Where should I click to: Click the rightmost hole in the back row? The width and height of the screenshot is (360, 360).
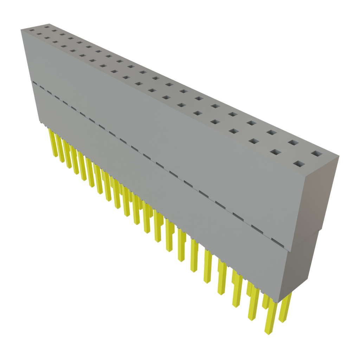[316, 154]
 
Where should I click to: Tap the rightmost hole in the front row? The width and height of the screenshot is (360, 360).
[298, 163]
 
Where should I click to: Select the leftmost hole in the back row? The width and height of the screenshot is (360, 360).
[46, 27]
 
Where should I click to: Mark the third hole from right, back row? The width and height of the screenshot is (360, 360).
[271, 133]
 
